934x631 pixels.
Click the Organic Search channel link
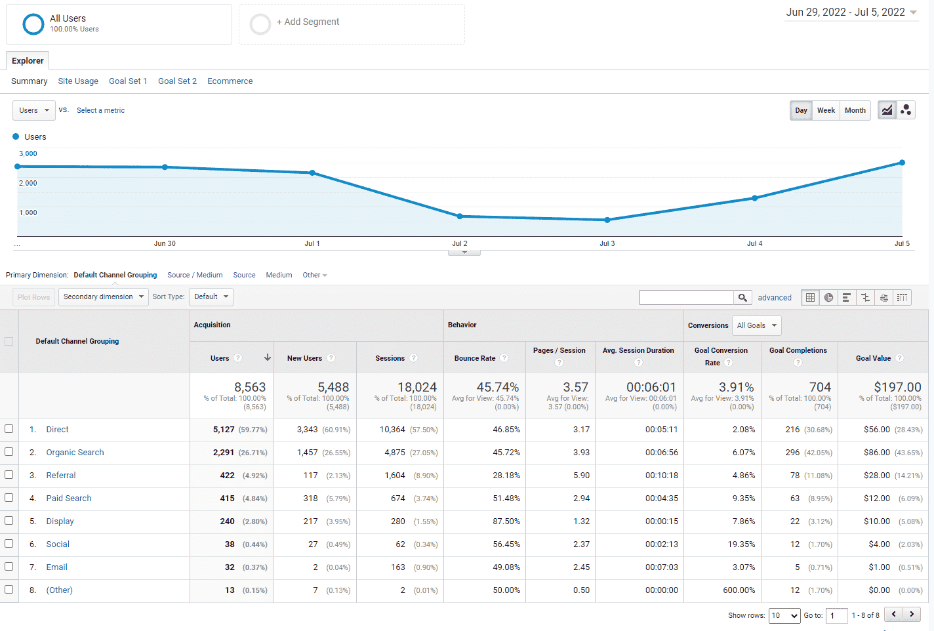coord(75,453)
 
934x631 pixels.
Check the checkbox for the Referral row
coord(9,475)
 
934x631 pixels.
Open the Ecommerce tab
coord(230,81)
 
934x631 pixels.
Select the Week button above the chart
coord(826,110)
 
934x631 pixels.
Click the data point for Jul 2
coord(460,216)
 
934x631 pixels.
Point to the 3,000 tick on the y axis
coord(28,153)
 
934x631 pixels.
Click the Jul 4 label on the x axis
coord(754,243)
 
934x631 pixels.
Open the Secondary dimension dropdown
coord(103,296)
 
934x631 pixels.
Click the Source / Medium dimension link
coord(195,275)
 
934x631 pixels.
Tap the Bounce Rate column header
coord(475,358)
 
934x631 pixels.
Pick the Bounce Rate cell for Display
coord(506,521)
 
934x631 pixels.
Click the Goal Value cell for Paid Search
coord(877,499)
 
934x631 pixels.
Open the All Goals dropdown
coord(756,325)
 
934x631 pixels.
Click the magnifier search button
coord(742,298)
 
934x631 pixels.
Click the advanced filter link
coord(775,298)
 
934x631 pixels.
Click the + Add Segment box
coord(352,24)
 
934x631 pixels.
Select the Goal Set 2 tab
coord(177,81)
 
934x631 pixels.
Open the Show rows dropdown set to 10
coord(784,615)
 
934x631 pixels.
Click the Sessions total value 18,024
coord(416,387)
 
